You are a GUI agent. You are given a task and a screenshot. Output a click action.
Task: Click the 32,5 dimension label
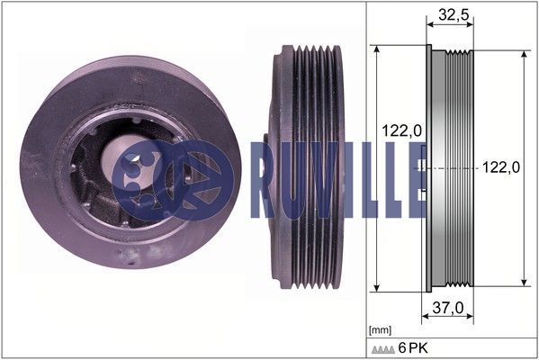[x=454, y=14]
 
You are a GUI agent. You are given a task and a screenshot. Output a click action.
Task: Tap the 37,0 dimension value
[x=447, y=308]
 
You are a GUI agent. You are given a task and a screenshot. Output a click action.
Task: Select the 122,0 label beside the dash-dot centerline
[x=501, y=167]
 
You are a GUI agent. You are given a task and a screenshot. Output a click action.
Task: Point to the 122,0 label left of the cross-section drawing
[x=401, y=130]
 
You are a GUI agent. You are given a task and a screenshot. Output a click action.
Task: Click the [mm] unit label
[x=380, y=330]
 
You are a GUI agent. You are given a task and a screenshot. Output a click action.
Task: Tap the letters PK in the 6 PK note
[x=419, y=348]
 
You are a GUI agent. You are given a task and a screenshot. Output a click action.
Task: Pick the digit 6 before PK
[x=402, y=348]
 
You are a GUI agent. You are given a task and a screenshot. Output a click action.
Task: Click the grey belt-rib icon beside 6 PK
[x=383, y=350]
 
